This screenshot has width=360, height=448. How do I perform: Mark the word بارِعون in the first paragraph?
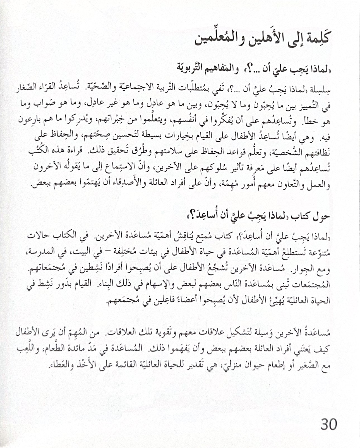click(x=30, y=120)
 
